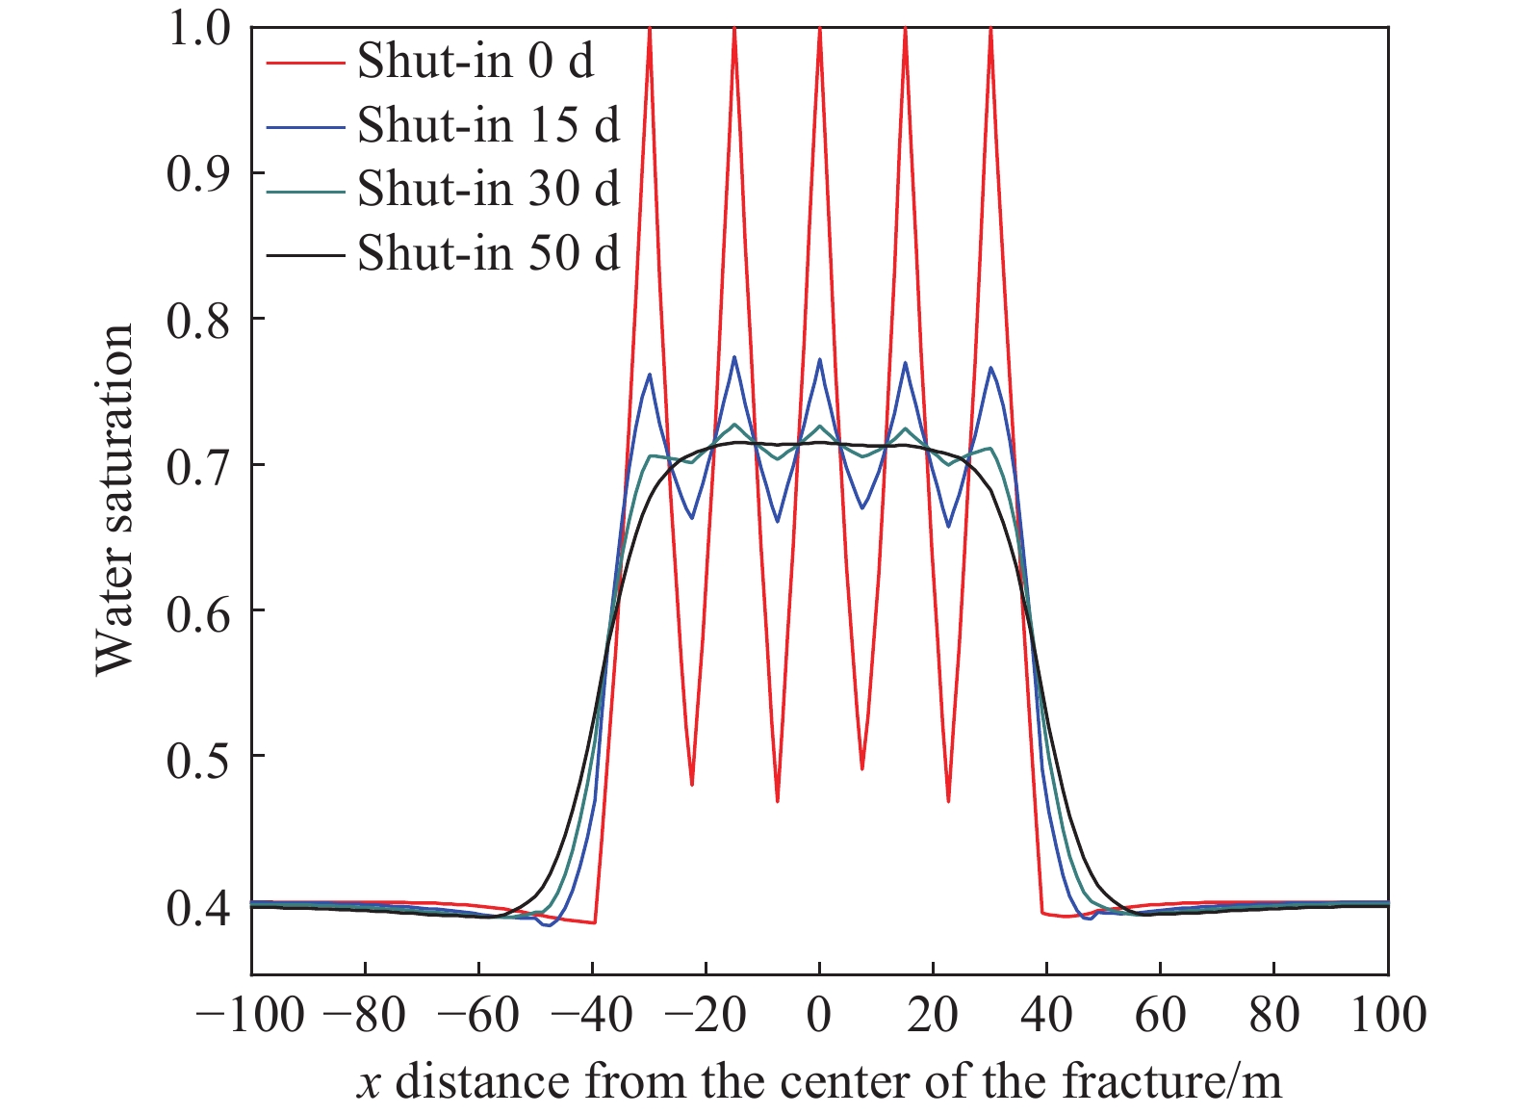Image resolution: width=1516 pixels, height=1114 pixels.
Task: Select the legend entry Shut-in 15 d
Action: point(488,126)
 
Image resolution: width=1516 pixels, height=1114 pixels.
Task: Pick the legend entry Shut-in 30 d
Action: point(488,190)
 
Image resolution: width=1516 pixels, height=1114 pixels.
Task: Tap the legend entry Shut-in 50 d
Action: point(488,253)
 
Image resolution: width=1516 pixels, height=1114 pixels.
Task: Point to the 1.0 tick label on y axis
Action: point(199,28)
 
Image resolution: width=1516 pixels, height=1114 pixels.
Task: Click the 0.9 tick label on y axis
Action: point(199,173)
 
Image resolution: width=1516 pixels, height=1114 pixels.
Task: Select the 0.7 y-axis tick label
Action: point(199,466)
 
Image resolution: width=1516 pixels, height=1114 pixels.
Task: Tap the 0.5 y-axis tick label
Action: point(199,758)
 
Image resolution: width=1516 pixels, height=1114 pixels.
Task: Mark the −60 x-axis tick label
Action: point(478,1015)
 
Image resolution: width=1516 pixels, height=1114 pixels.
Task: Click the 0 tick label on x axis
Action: point(819,1015)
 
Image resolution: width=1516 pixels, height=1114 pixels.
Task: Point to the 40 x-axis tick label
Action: point(1046,1015)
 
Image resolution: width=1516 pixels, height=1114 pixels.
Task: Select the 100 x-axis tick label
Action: point(1387,1015)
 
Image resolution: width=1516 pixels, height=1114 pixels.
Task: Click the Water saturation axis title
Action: point(115,500)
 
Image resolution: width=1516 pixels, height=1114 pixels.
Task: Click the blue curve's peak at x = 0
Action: point(819,360)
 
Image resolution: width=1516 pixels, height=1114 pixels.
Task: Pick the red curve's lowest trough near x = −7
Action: point(778,801)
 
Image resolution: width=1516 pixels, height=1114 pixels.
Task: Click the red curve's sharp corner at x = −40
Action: point(595,922)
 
